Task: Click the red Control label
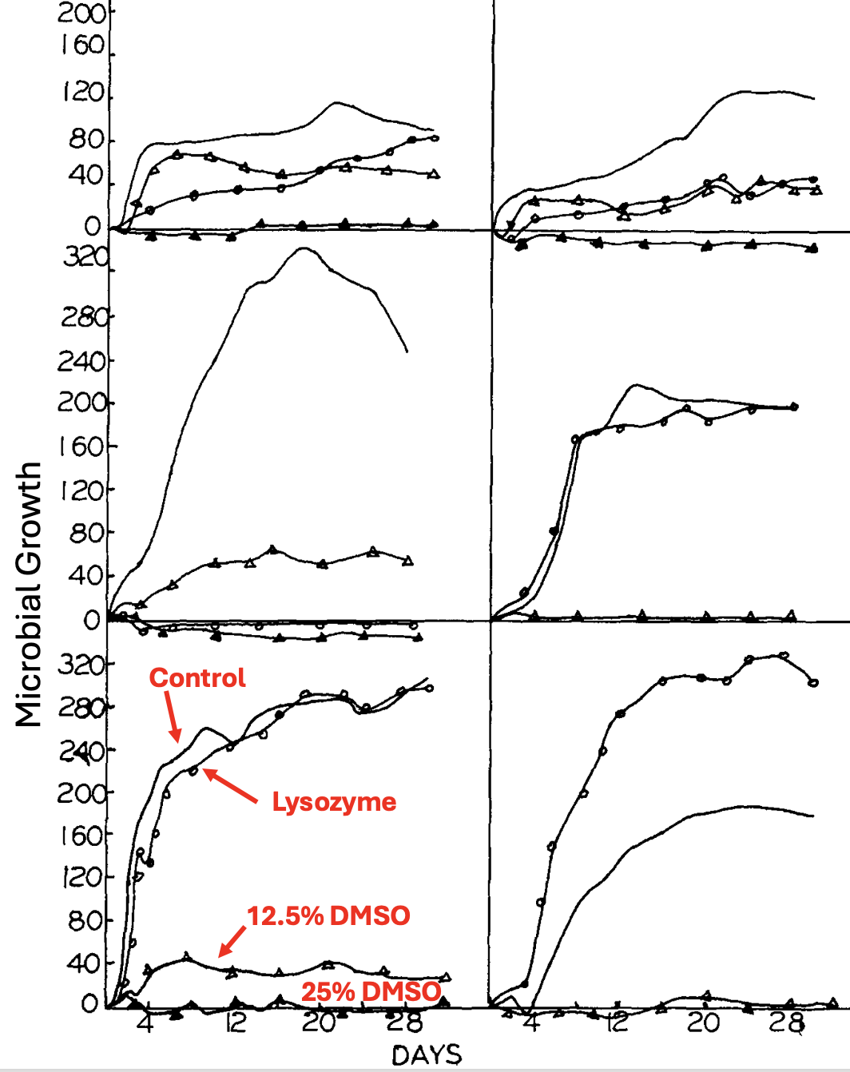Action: click(197, 678)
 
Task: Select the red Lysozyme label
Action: click(334, 802)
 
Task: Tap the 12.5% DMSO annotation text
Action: click(328, 915)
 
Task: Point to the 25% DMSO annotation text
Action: click(371, 991)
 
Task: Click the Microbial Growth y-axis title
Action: click(29, 594)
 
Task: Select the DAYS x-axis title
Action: click(427, 1055)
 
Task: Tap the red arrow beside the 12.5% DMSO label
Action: click(232, 941)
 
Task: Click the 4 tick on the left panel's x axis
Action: click(145, 1023)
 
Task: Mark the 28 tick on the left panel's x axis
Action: click(403, 1023)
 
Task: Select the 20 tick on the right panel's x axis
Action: click(703, 1023)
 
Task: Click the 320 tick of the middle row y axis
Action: click(85, 257)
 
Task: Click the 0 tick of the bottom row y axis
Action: click(90, 1004)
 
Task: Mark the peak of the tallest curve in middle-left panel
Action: click(304, 248)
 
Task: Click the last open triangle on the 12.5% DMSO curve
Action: click(445, 977)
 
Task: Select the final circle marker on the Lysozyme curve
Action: click(429, 688)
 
